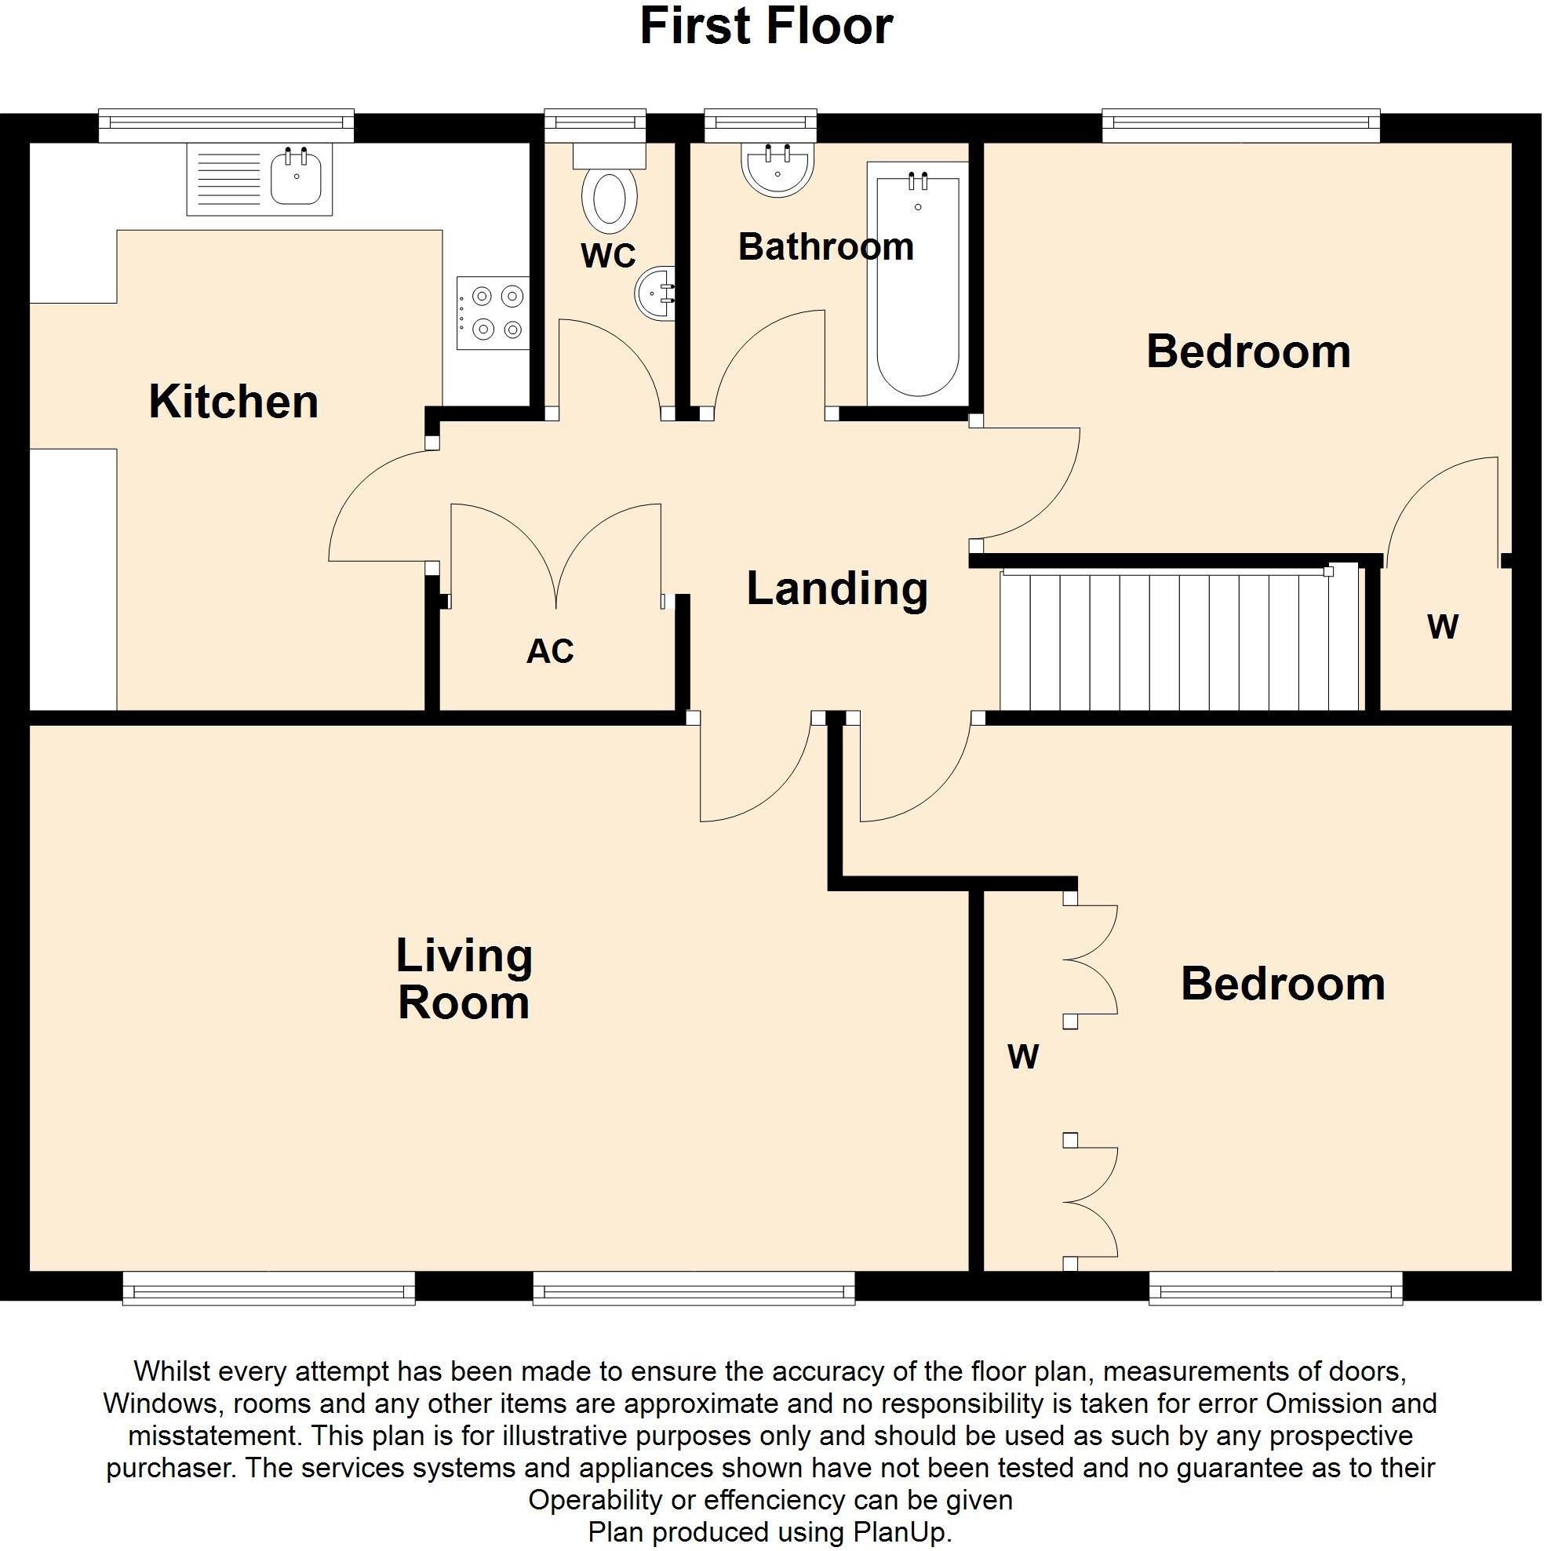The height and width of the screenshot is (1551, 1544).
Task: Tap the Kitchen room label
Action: pyautogui.click(x=234, y=402)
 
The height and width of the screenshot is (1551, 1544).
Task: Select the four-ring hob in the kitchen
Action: pyautogui.click(x=493, y=312)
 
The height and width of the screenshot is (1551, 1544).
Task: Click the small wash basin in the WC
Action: pyautogui.click(x=654, y=293)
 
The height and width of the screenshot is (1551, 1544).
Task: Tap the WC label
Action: pyautogui.click(x=608, y=255)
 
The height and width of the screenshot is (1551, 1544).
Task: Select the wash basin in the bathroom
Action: pyautogui.click(x=777, y=169)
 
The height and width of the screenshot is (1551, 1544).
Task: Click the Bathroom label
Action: pyautogui.click(x=825, y=246)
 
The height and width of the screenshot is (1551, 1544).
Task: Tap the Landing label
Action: pyautogui.click(x=836, y=588)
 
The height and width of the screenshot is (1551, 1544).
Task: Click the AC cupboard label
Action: pyautogui.click(x=550, y=651)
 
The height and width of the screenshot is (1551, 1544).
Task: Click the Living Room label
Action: pyautogui.click(x=464, y=978)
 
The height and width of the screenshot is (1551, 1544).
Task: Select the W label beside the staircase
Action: pyautogui.click(x=1442, y=627)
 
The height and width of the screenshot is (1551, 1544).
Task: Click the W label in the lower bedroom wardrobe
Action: pyautogui.click(x=1023, y=1057)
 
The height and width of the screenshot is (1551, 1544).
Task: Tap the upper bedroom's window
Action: pyautogui.click(x=1240, y=125)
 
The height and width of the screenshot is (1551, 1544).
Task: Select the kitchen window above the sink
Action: pyautogui.click(x=226, y=125)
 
